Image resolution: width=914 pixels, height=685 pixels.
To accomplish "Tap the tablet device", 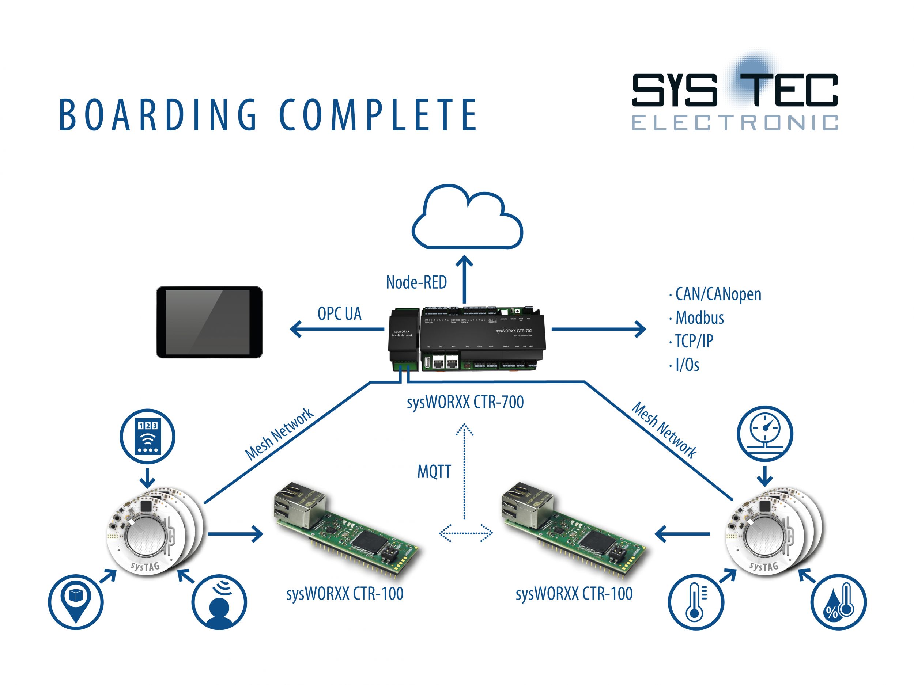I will click(x=209, y=322).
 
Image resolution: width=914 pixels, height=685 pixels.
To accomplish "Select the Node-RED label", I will click(x=416, y=282).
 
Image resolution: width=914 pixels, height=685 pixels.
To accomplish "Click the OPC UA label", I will click(x=339, y=314).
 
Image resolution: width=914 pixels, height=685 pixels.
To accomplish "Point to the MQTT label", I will click(x=434, y=472).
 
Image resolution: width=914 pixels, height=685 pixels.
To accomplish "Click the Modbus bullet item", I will click(x=699, y=318).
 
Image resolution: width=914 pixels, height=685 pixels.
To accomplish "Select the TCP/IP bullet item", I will click(x=694, y=342).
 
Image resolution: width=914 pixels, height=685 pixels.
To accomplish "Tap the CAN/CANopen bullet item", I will click(x=718, y=294).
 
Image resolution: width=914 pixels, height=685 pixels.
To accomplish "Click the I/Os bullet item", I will click(x=687, y=365).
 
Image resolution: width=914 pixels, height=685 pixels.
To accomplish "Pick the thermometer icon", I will click(x=696, y=602).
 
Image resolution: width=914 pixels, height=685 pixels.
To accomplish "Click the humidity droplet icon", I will click(x=838, y=602).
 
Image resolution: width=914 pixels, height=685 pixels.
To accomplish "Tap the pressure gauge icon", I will click(x=765, y=434).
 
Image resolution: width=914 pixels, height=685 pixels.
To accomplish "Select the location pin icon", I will click(x=76, y=602).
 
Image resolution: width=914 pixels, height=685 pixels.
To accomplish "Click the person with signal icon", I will click(x=219, y=602).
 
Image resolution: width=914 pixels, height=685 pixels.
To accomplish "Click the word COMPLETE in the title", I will click(x=378, y=115).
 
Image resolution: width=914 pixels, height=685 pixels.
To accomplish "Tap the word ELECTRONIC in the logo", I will click(x=734, y=123).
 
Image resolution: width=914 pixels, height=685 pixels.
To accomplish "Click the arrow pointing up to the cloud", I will click(x=465, y=279).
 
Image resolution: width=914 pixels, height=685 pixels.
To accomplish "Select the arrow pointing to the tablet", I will click(x=337, y=330).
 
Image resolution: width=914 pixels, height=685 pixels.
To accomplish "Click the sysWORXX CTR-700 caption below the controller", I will click(x=465, y=402).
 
